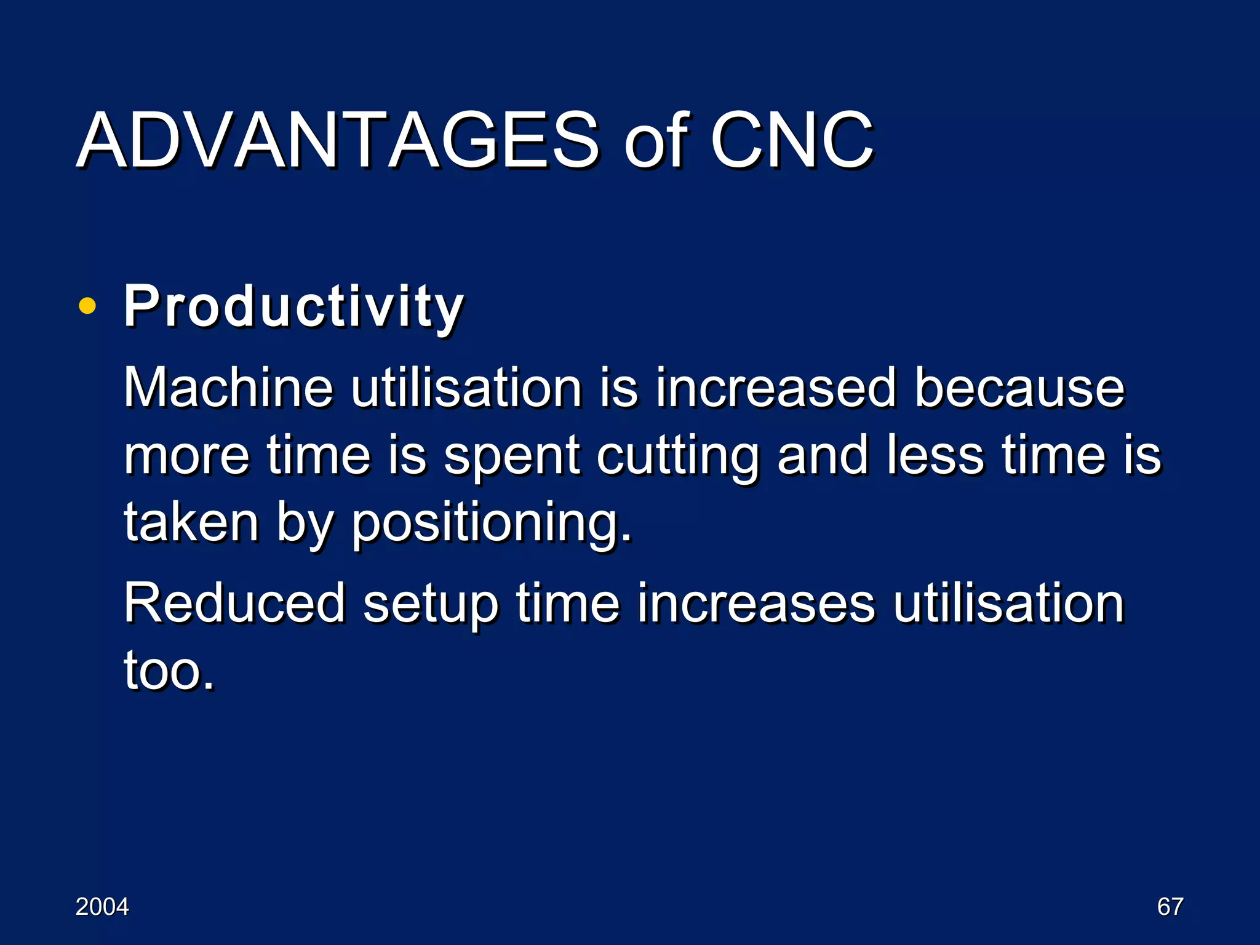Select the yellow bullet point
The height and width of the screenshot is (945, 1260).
87,306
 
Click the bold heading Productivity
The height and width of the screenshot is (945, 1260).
293,306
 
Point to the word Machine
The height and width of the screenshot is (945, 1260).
228,388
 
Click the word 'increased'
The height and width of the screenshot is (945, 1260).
775,388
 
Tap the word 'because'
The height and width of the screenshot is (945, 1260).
1019,388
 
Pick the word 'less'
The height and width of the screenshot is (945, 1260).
935,455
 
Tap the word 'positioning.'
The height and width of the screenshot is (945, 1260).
491,524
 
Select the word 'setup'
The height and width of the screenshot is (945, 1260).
430,605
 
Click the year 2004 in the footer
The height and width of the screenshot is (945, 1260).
102,907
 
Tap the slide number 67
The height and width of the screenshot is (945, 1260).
1170,907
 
